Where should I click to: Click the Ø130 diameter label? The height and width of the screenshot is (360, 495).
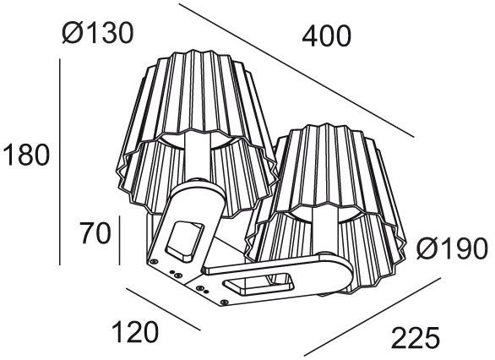tap(97, 34)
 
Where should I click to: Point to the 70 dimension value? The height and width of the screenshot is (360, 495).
tap(95, 232)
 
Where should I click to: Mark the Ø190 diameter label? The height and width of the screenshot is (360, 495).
tap(453, 249)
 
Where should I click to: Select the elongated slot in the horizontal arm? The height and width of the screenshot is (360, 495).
tap(262, 283)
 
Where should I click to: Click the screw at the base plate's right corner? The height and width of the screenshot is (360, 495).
tap(225, 297)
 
